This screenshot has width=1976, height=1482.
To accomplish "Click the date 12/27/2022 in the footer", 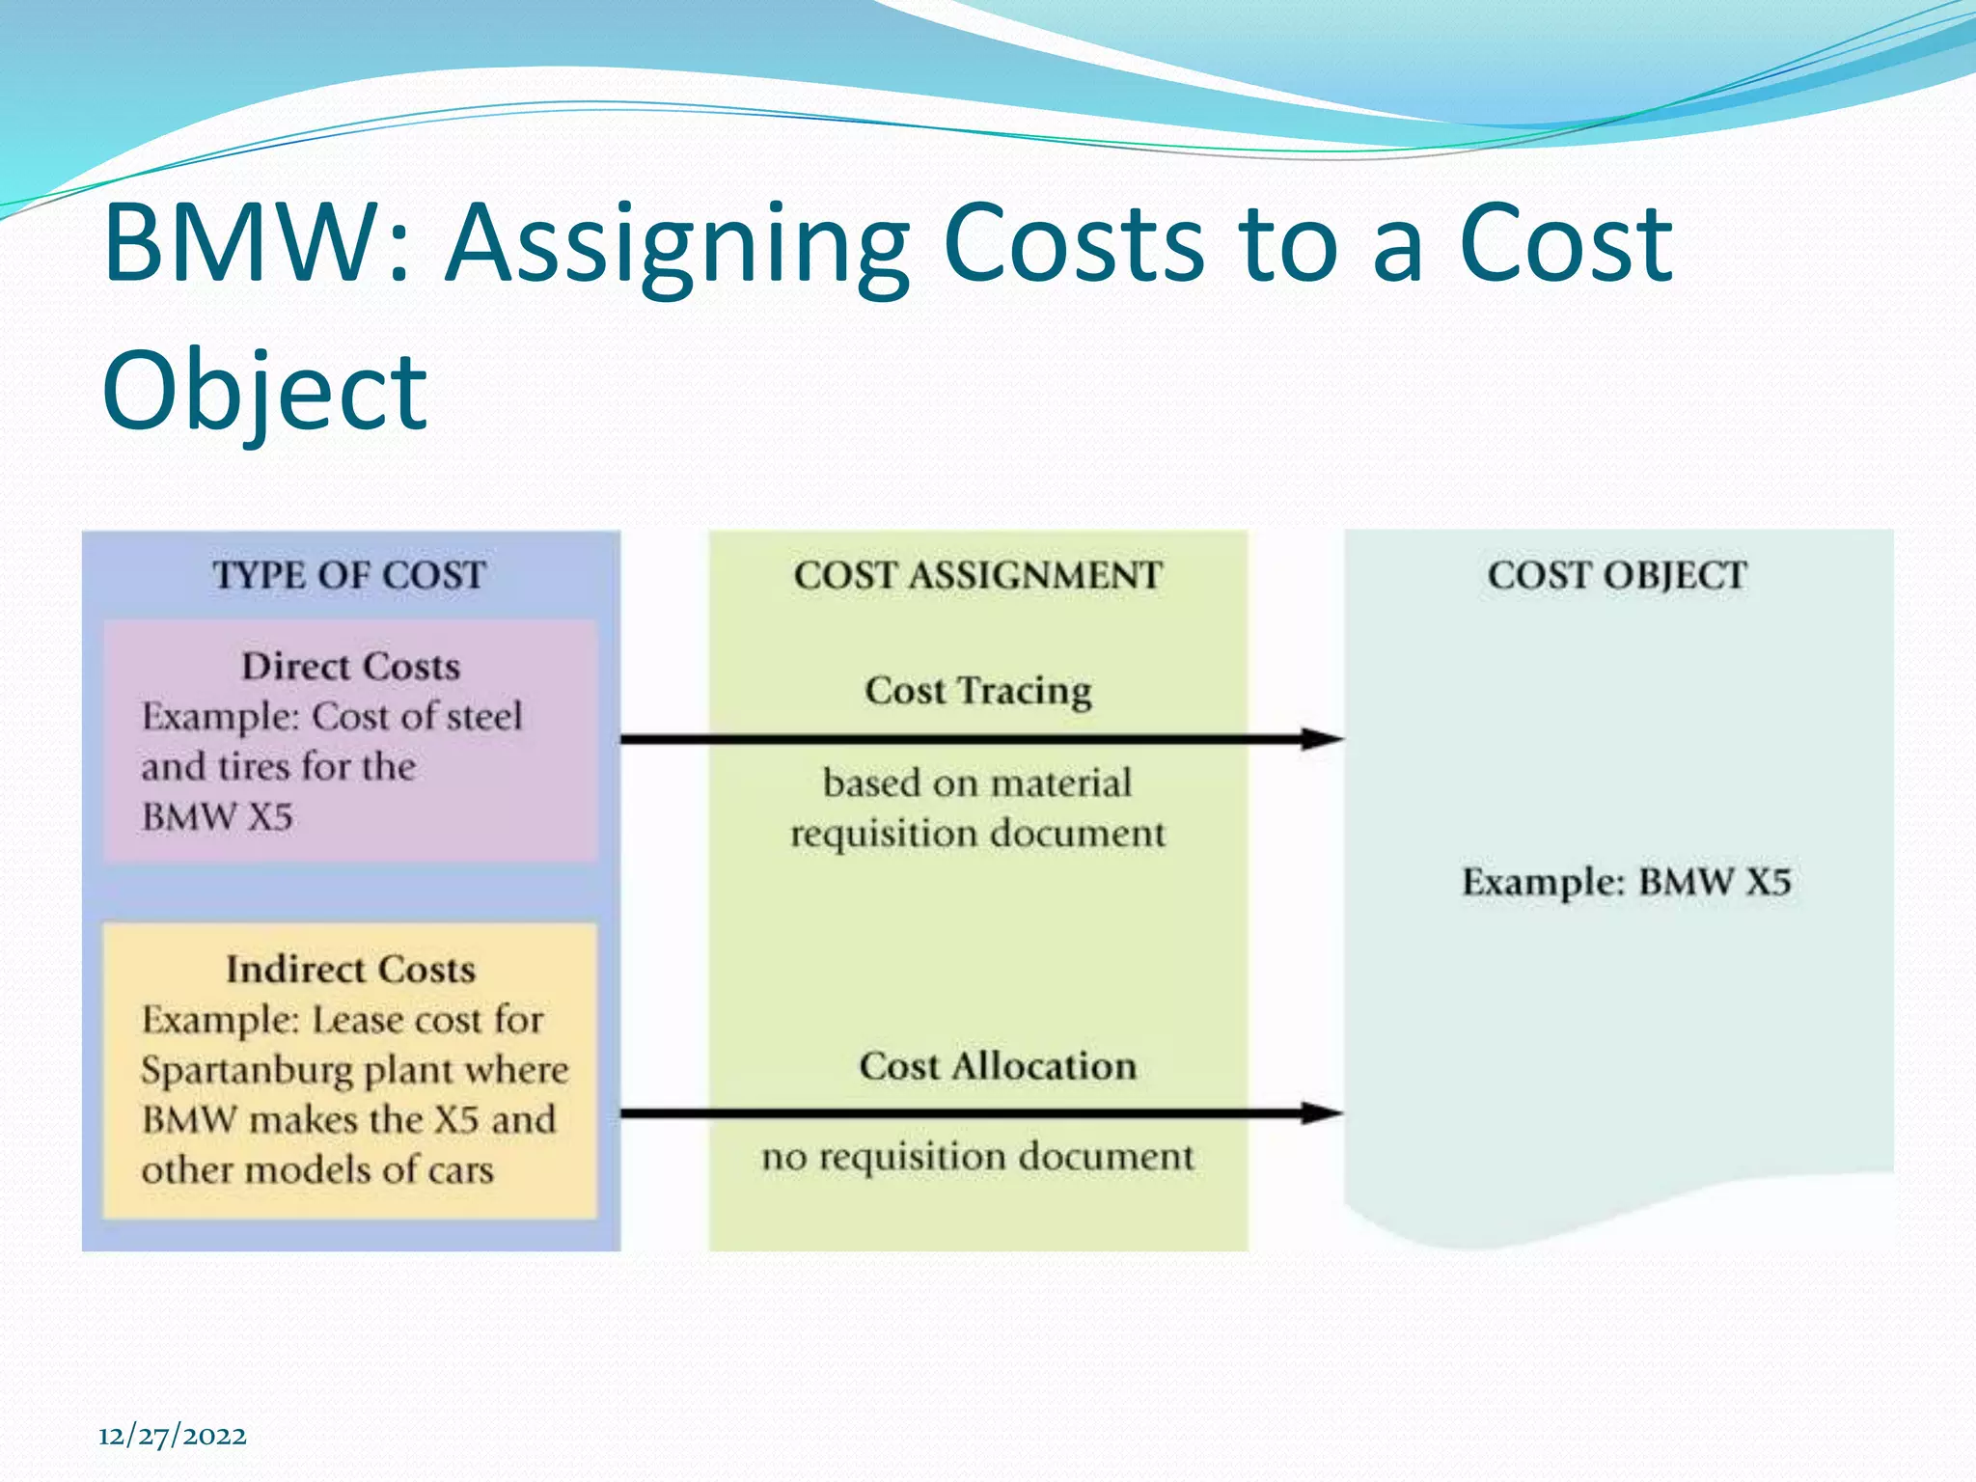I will (173, 1436).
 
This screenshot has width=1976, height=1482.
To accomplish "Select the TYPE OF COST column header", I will (349, 575).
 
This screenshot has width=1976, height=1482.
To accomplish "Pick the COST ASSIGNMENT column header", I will (978, 575).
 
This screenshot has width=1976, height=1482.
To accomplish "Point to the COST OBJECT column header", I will (1617, 575).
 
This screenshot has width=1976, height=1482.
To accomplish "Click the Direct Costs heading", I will (350, 667).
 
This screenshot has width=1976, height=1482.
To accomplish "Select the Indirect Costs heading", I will (350, 969).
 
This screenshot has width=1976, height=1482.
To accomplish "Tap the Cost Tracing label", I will (978, 691).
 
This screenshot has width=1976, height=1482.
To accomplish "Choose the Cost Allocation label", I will (998, 1066).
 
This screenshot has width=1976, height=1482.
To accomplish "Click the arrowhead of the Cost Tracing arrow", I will (1323, 739).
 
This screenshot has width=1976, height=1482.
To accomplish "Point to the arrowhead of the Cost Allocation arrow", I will (1323, 1113).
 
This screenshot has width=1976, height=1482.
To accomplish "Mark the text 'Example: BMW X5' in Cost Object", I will (1626, 882).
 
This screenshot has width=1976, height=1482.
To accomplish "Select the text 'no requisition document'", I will (977, 1156).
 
